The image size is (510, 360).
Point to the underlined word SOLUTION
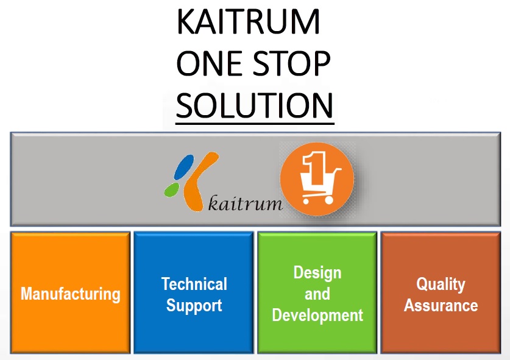(255, 105)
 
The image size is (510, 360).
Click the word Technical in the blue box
(194, 284)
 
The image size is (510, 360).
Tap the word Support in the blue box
(194, 305)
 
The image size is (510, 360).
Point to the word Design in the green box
(317, 272)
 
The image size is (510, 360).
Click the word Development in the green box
(317, 316)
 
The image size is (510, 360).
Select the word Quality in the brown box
(441, 284)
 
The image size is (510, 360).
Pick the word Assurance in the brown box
(441, 305)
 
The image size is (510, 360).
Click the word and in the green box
(317, 294)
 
